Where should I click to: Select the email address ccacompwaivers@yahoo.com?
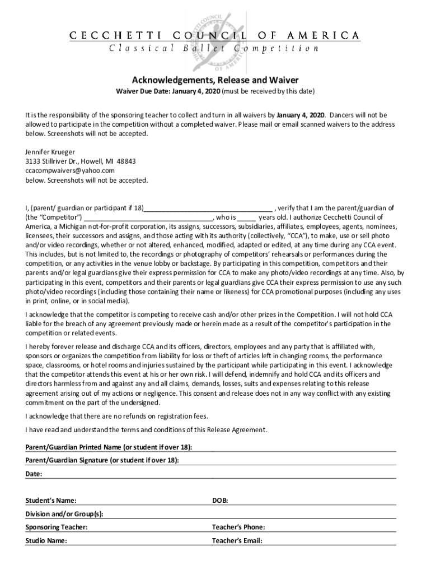(x=70, y=170)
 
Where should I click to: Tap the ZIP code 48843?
(x=126, y=161)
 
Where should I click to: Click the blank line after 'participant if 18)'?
(x=208, y=208)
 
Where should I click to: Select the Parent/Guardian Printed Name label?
(x=109, y=447)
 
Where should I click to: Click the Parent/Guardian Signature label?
(x=102, y=460)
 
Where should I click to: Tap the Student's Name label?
(x=51, y=500)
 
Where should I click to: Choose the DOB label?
(x=219, y=500)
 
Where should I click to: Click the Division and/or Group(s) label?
(x=64, y=514)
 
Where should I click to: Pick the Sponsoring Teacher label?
(x=56, y=527)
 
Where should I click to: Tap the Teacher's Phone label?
(x=238, y=527)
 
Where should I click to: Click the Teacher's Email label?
(x=237, y=541)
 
